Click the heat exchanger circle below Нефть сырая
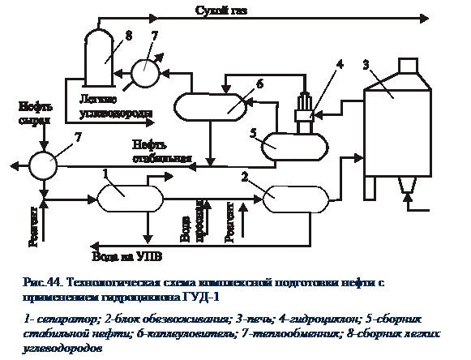[41, 164]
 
